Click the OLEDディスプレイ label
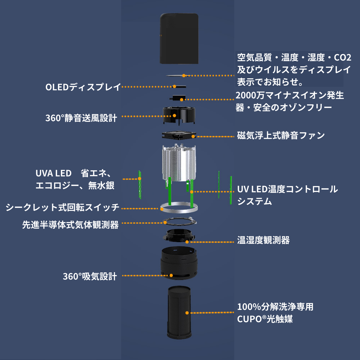(83, 87)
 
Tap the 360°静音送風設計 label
(81, 118)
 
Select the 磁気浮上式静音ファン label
(281, 136)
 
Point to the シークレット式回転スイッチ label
(62, 207)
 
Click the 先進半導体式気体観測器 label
(70, 225)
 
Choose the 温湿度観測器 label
(263, 240)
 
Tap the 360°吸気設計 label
(90, 276)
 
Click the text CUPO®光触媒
(265, 319)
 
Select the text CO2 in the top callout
(342, 57)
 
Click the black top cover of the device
(179, 38)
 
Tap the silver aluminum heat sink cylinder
(179, 163)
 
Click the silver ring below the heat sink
(179, 207)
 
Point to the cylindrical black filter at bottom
(179, 312)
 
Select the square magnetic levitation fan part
(179, 135)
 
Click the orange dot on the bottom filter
(187, 313)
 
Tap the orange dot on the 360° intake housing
(171, 275)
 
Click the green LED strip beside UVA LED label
(140, 184)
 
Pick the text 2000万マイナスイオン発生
(290, 95)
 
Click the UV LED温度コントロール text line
(287, 189)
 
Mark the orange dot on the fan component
(193, 136)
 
